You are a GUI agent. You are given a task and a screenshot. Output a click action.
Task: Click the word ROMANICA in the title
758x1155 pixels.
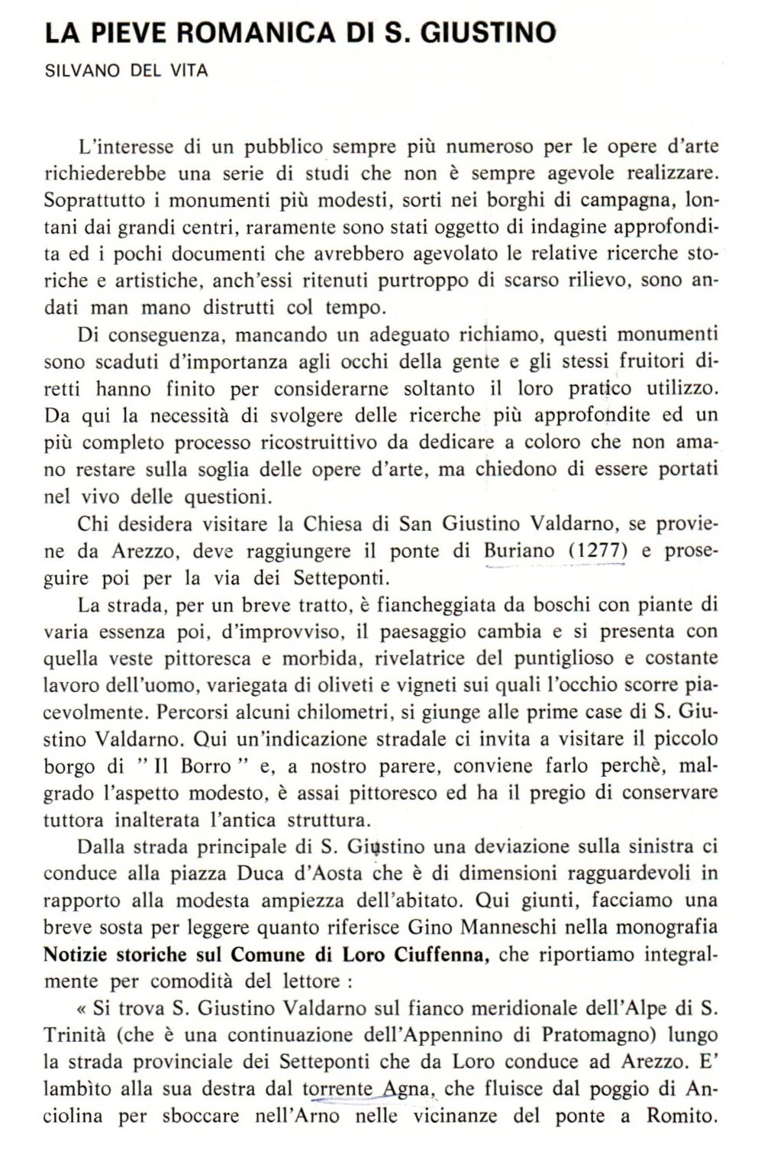coord(229,33)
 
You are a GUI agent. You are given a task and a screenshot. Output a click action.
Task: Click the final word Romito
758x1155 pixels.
coord(679,1116)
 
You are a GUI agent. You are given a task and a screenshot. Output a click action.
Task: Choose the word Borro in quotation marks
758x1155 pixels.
coord(206,766)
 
